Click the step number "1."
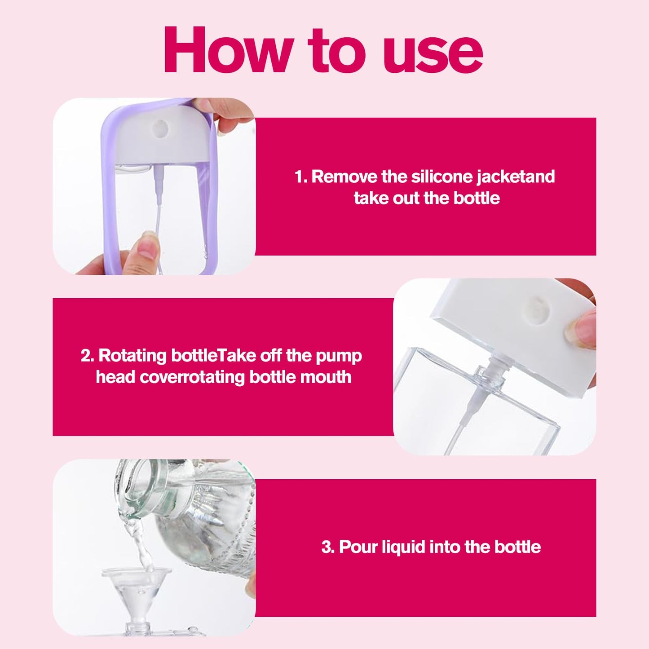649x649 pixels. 301,177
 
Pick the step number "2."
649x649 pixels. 88,357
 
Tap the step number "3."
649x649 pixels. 328,547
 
